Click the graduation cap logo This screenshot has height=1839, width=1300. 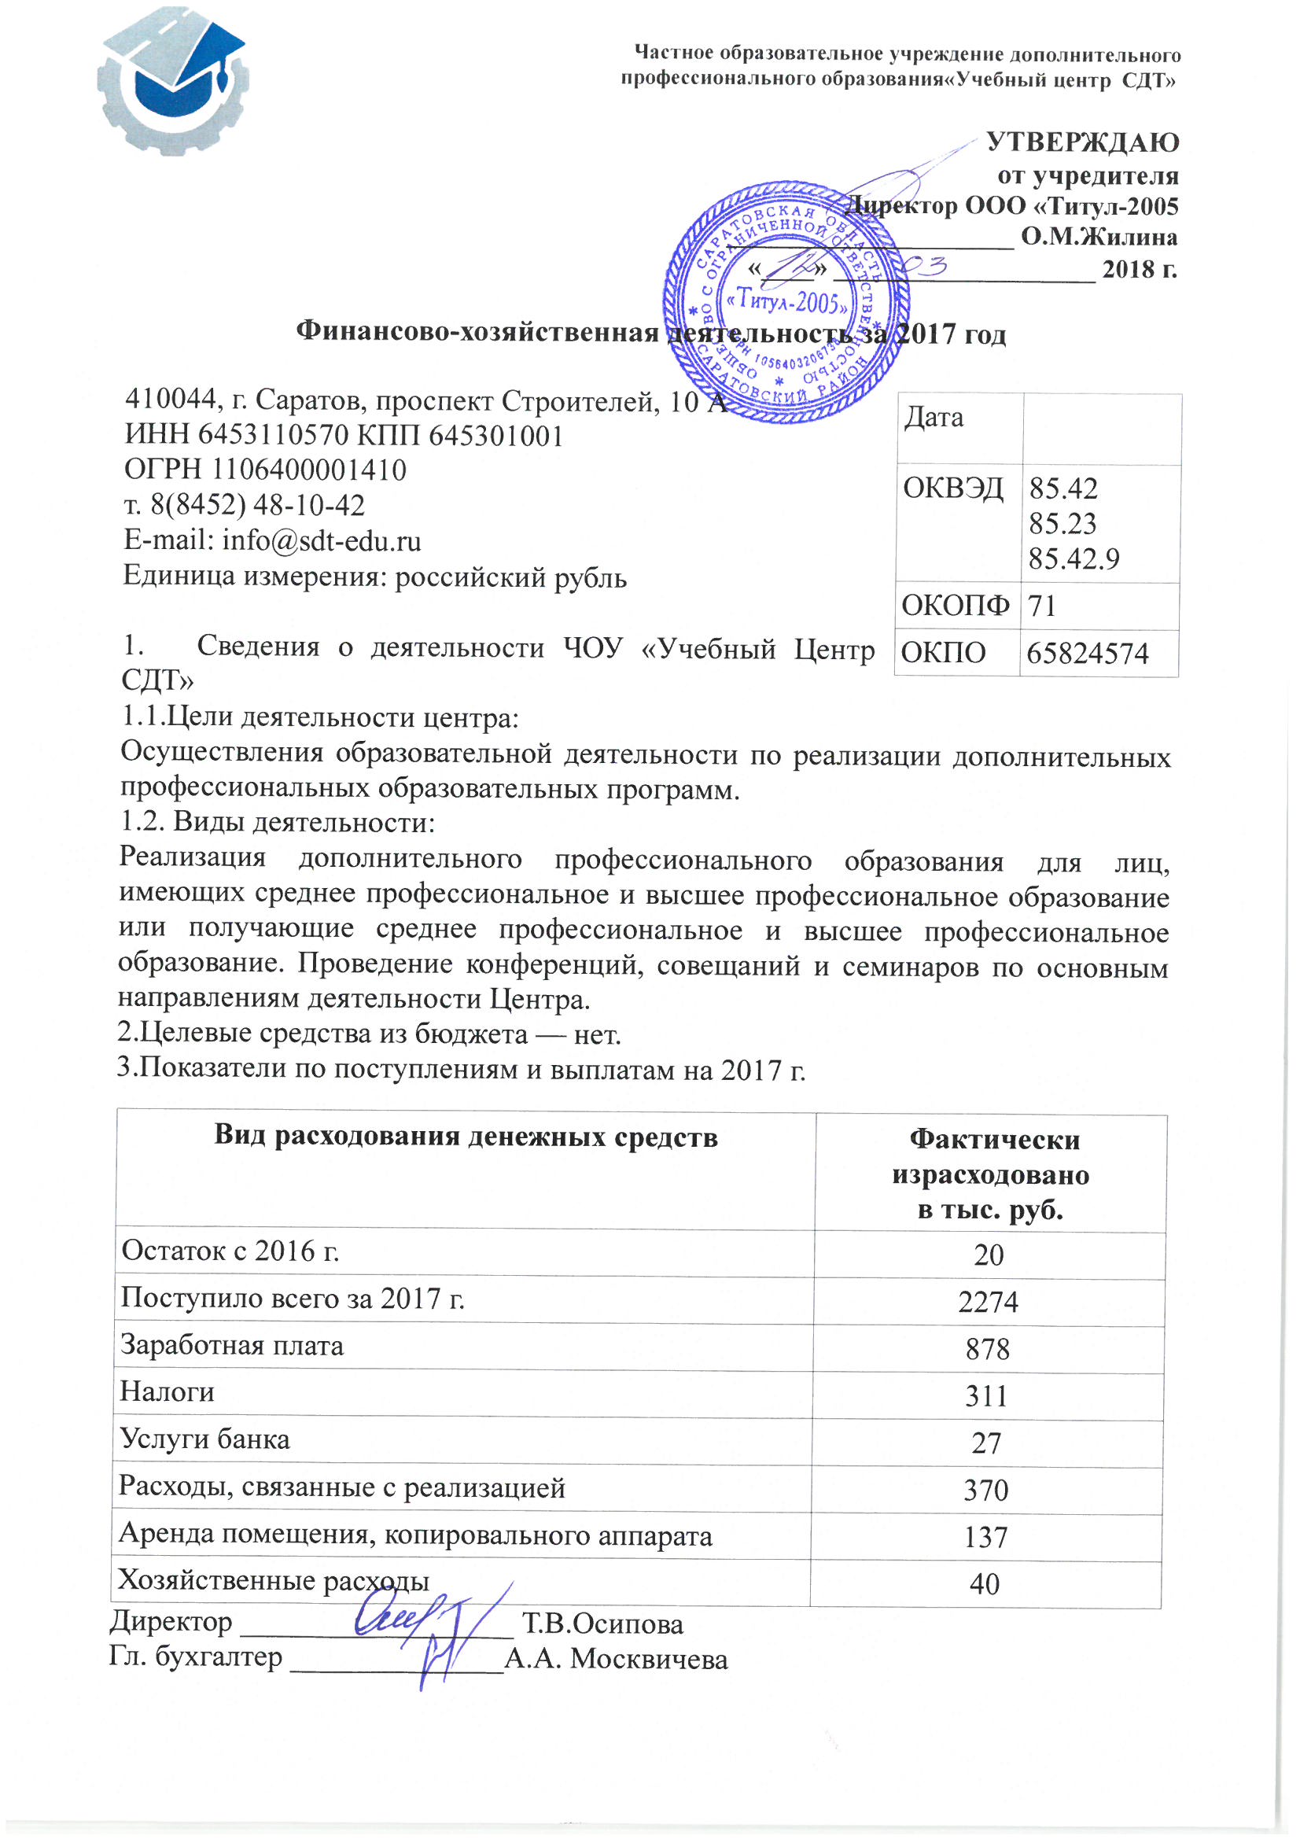point(173,84)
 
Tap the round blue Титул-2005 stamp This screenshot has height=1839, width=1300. point(786,302)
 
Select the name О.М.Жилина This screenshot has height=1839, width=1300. point(1099,237)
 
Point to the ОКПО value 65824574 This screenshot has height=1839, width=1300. point(1087,654)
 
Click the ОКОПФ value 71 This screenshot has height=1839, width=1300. point(1042,606)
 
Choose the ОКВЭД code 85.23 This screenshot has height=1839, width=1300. point(1062,524)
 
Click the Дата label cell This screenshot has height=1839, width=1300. point(934,418)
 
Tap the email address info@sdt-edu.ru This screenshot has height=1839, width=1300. point(322,541)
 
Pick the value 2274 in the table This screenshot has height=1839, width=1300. point(988,1303)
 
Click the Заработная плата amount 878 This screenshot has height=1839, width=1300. point(988,1350)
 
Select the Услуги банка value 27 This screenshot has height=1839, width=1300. point(986,1443)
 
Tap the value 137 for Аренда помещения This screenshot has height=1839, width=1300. point(985,1537)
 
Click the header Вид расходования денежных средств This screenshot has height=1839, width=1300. point(466,1137)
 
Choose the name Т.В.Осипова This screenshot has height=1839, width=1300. point(602,1624)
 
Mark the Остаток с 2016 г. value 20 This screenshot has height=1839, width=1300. point(989,1255)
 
